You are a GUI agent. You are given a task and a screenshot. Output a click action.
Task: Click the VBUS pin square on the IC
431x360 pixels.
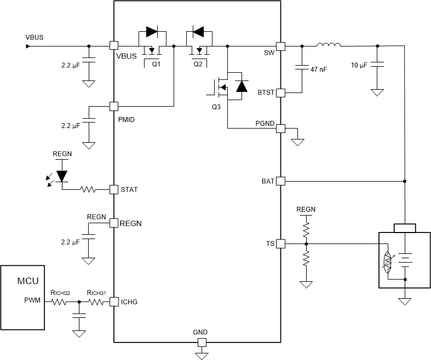tap(114, 47)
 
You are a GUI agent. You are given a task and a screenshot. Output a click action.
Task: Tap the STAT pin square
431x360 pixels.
tap(114, 189)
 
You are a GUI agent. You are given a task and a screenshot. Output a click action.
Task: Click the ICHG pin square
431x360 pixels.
tap(114, 301)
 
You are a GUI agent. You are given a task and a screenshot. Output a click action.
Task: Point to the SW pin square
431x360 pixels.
tap(280, 47)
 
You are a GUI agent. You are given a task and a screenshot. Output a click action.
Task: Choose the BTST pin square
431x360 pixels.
tap(280, 93)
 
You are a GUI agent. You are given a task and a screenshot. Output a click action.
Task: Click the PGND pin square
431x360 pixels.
tap(280, 129)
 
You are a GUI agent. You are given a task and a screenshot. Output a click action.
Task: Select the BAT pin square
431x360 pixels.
tap(280, 181)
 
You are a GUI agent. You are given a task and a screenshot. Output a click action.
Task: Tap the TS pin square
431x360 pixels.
tap(280, 243)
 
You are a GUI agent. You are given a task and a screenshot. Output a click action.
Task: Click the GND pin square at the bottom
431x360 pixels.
tap(202, 342)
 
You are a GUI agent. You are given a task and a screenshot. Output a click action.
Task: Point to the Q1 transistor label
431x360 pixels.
tap(156, 64)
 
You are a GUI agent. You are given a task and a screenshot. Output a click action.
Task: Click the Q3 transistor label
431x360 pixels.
tap(217, 107)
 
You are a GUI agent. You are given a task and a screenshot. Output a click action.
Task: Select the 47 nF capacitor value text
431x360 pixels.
tap(319, 69)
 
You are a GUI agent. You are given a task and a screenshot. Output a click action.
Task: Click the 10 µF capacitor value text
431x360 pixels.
tap(360, 65)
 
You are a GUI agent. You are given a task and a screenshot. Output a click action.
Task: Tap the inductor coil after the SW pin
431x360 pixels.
tap(329, 45)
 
